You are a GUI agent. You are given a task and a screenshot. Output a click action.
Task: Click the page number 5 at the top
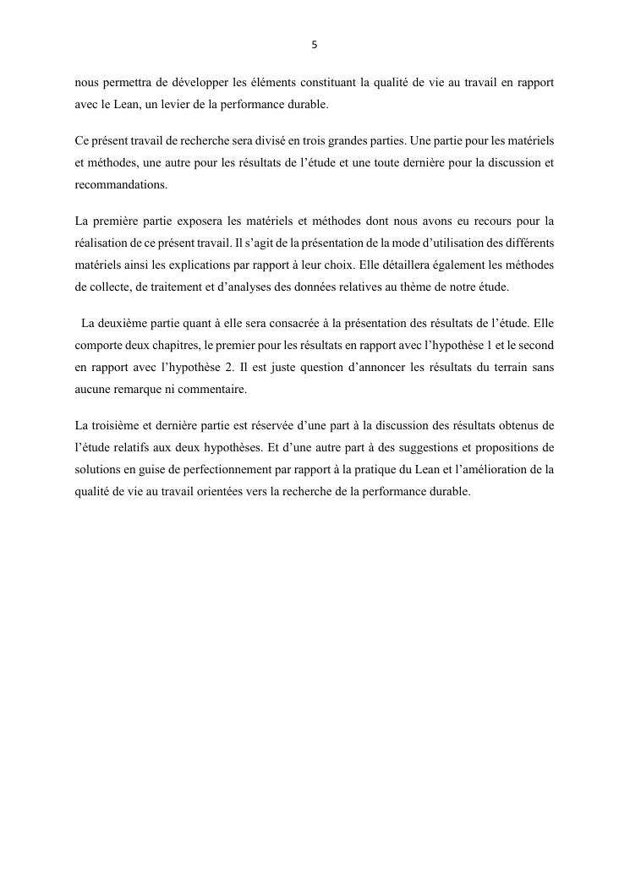click(x=315, y=45)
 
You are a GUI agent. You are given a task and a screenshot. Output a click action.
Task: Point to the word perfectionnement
click(x=212, y=469)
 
